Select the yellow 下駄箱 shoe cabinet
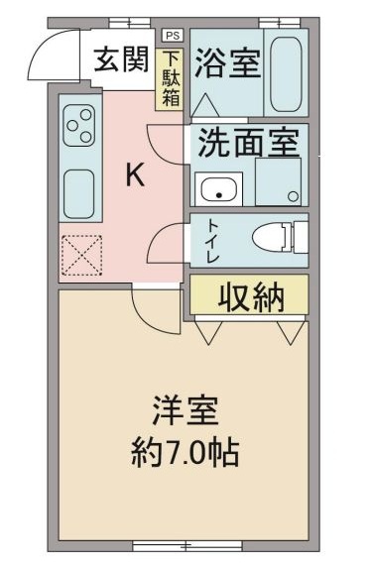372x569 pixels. [x=172, y=79]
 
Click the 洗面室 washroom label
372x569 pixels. [x=246, y=145]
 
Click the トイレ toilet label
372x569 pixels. [x=212, y=241]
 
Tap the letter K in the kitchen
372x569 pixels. [x=134, y=175]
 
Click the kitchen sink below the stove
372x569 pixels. [x=78, y=187]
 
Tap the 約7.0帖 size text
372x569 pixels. [x=186, y=453]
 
